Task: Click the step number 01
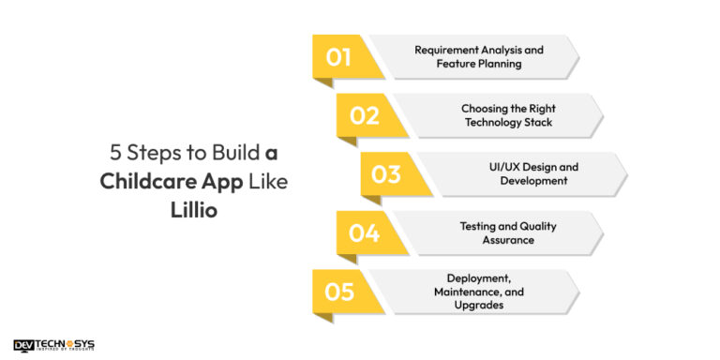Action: coord(338,57)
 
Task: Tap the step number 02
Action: coord(364,116)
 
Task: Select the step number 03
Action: coord(386,174)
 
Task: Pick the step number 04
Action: coord(364,232)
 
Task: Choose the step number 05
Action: coord(339,292)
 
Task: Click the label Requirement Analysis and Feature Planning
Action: coord(479,57)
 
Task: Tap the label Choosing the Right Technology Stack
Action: coord(508,115)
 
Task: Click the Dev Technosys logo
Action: coord(53,345)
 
